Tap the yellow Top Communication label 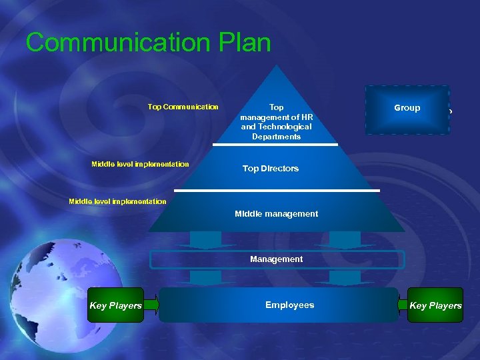click(183, 107)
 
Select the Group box click(407, 109)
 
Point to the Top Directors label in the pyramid click(271, 169)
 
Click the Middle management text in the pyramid click(276, 214)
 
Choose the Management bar click(276, 259)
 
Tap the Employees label click(289, 305)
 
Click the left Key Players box click(115, 305)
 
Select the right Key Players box click(435, 305)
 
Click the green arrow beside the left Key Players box click(151, 305)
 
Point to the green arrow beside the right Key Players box click(402, 305)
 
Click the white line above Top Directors click(275, 145)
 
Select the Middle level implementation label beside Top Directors click(140, 164)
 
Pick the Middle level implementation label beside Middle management click(117, 201)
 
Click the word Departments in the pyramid click(276, 137)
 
